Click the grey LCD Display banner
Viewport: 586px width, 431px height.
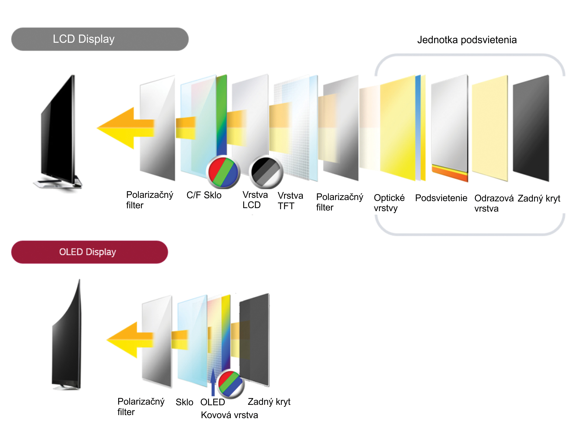pos(100,39)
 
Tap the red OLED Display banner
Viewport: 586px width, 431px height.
pos(89,252)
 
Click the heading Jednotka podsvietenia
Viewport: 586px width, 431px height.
pos(467,40)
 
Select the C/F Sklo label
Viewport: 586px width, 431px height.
pos(204,195)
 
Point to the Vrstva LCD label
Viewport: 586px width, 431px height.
pos(255,200)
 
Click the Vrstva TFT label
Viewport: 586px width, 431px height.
pos(290,201)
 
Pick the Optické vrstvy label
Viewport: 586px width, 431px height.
pos(389,203)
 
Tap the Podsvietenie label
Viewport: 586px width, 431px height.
pos(441,198)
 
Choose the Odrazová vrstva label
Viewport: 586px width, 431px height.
pos(494,203)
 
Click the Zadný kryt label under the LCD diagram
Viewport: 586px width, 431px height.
pos(539,198)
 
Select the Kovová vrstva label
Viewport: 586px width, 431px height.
pos(229,415)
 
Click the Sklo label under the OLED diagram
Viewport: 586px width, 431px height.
pos(184,402)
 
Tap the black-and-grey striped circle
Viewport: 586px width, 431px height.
pos(266,172)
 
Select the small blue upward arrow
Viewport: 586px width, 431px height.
pos(213,382)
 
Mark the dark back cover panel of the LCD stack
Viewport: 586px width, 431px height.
pos(531,128)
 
